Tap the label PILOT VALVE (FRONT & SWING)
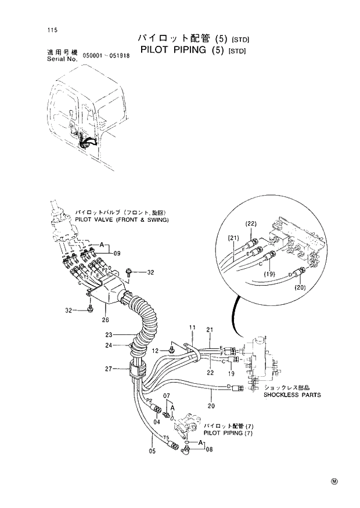pos(121,220)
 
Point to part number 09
pos(116,254)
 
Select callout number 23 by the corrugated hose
pos(108,334)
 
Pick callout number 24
pos(108,345)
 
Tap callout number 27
pos(108,368)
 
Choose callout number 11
pos(192,329)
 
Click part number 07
pos(167,396)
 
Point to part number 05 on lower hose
pos(152,451)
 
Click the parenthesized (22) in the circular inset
pos(251,224)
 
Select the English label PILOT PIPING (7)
pos(228,433)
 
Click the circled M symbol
pos(334,481)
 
